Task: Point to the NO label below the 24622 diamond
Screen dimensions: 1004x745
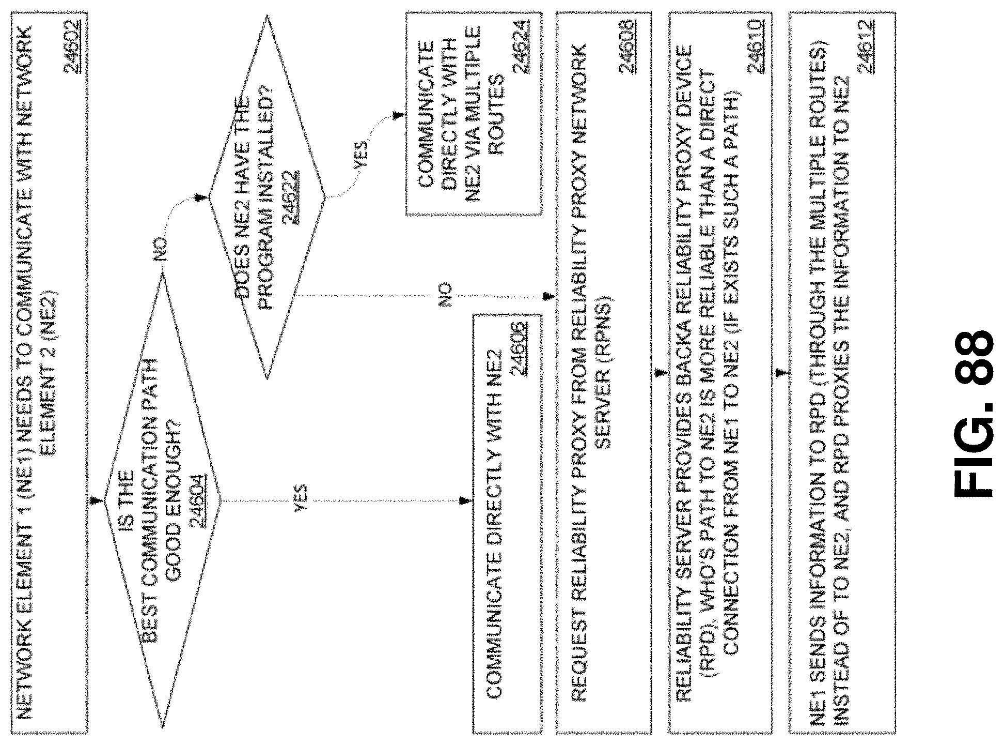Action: point(445,294)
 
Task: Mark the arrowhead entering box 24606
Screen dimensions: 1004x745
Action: point(466,501)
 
